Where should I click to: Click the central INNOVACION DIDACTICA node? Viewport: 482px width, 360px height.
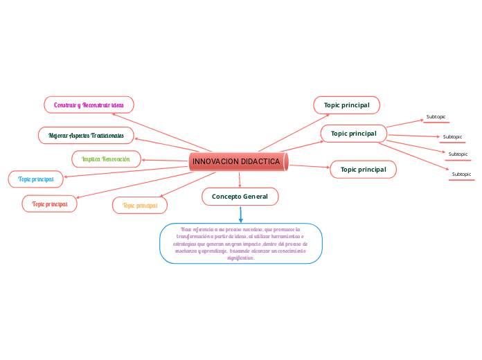pyautogui.click(x=238, y=161)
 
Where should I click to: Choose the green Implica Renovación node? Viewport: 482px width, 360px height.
pyautogui.click(x=106, y=159)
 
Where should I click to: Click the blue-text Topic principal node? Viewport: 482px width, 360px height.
pyautogui.click(x=36, y=179)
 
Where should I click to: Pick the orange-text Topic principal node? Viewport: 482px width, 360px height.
pyautogui.click(x=140, y=205)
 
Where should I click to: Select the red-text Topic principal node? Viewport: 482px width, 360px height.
pyautogui.click(x=49, y=204)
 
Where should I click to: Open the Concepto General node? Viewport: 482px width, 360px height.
pyautogui.click(x=240, y=197)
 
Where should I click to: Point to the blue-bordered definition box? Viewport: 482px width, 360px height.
pyautogui.click(x=240, y=243)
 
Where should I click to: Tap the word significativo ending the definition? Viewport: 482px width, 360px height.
pyautogui.click(x=240, y=258)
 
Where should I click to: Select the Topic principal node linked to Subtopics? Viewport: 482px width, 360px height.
pyautogui.click(x=353, y=133)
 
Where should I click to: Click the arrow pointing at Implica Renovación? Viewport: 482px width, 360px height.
pyautogui.click(x=145, y=160)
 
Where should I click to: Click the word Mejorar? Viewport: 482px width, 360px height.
pyautogui.click(x=53, y=134)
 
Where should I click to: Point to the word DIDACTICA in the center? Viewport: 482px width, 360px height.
pyautogui.click(x=259, y=161)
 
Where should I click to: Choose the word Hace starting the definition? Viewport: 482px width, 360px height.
pyautogui.click(x=186, y=228)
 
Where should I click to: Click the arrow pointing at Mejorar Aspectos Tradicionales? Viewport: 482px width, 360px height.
pyautogui.click(x=137, y=138)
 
